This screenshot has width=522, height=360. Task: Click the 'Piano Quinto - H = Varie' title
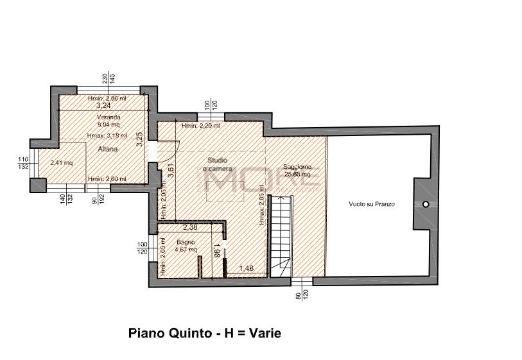click(205, 333)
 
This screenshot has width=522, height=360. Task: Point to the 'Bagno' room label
click(177, 242)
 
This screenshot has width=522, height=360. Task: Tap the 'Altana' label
click(107, 149)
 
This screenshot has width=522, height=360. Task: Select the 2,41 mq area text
click(62, 162)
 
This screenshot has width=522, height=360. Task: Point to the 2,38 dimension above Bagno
click(189, 227)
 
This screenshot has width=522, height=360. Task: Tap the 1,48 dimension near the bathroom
click(247, 268)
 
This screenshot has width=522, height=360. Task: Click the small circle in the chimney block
click(425, 204)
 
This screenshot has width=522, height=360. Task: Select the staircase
click(281, 234)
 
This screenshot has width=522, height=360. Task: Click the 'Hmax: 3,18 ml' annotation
click(107, 135)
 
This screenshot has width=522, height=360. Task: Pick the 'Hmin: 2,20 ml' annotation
click(201, 126)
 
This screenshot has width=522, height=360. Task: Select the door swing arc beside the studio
click(168, 150)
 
